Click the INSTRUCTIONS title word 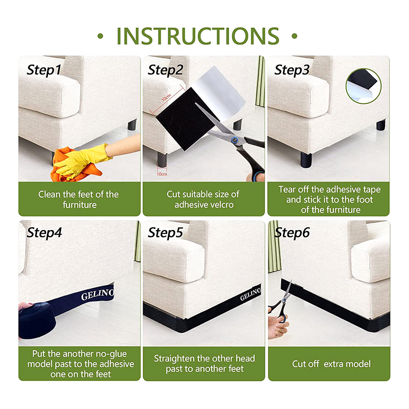pyautogui.click(x=198, y=36)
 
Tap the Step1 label pyautogui.click(x=44, y=70)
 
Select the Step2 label pyautogui.click(x=165, y=70)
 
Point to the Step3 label pyautogui.click(x=292, y=70)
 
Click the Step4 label pyautogui.click(x=44, y=233)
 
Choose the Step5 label pyautogui.click(x=165, y=233)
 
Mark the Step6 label pyautogui.click(x=292, y=233)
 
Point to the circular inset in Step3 pyautogui.click(x=363, y=86)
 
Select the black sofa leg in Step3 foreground pyautogui.click(x=306, y=160)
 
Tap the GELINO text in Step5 pyautogui.click(x=251, y=294)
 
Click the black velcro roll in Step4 pyautogui.click(x=37, y=321)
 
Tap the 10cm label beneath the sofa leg pyautogui.click(x=162, y=174)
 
